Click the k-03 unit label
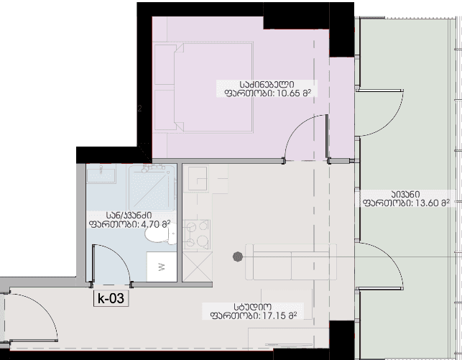tap(111, 298)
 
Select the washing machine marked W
tap(162, 267)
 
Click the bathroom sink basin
tap(101, 175)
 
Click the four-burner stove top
tap(197, 234)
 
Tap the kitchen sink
tap(198, 178)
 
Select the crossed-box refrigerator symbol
tap(197, 267)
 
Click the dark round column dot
tap(238, 257)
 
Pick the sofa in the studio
tap(291, 262)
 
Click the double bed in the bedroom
tap(203, 88)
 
